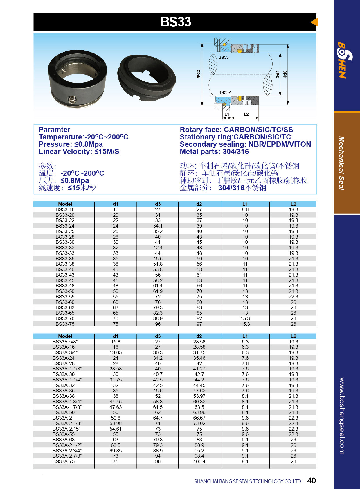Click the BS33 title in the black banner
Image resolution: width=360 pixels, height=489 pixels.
pos(176,22)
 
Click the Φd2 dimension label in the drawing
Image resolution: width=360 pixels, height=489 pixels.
pos(198,74)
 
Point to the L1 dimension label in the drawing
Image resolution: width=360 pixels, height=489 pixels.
pos(227,114)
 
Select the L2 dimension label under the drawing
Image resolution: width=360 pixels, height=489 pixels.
pos(246,114)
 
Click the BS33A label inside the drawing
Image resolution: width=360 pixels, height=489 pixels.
pos(225,92)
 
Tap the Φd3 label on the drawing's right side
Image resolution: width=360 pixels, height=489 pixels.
pos(285,74)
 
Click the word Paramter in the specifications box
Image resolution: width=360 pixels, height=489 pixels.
pos(54,130)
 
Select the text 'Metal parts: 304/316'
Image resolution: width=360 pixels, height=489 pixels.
pos(214,151)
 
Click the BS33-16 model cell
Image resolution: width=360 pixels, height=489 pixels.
pos(65,209)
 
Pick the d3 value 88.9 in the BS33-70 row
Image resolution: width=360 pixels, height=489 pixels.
pos(158,318)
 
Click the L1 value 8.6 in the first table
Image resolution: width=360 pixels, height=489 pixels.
pos(245,209)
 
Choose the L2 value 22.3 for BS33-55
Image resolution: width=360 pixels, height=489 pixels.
pos(293,297)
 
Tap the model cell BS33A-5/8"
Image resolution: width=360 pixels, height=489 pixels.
pos(65,342)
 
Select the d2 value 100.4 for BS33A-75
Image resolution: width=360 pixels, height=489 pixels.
pos(199,461)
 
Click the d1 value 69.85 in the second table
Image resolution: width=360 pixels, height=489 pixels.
pos(116,451)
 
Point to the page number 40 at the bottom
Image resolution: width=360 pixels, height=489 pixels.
pos(311,481)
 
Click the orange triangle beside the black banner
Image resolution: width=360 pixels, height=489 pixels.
pos(314,22)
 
